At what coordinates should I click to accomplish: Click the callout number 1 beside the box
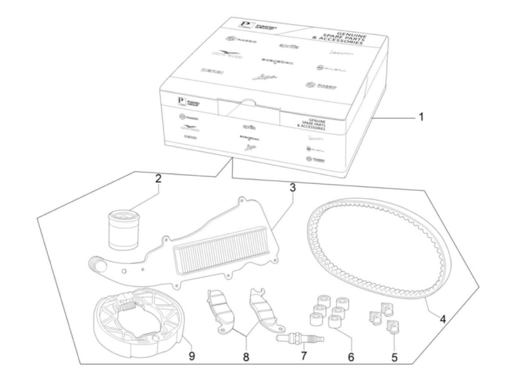tap(422, 117)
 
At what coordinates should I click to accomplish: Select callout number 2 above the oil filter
tap(158, 179)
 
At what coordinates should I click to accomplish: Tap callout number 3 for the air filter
tap(292, 188)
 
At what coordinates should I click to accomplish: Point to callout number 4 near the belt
tap(443, 319)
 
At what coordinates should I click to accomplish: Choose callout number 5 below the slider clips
tap(394, 357)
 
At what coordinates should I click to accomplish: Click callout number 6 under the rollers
tap(351, 356)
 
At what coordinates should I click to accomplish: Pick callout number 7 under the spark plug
tap(304, 356)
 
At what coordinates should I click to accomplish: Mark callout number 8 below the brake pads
tap(246, 356)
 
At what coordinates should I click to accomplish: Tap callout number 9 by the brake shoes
tap(192, 356)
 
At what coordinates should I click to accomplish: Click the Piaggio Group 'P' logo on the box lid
tap(245, 25)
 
